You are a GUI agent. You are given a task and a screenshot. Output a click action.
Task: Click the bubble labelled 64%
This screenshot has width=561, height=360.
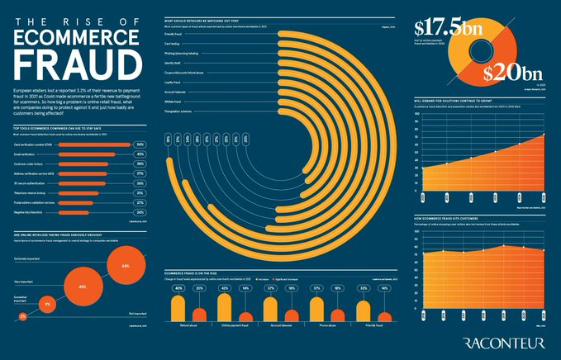pos(125,266)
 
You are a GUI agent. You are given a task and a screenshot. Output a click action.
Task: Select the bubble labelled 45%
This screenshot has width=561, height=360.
pos(83,287)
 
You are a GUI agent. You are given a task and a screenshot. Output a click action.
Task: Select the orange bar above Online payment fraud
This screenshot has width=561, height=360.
pos(245,316)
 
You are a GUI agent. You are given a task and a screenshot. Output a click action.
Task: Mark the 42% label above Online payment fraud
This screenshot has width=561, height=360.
pos(224,288)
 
